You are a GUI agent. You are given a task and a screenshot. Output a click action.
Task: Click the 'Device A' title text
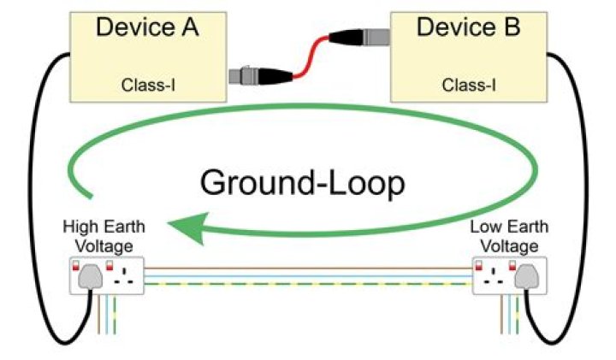pyautogui.click(x=147, y=27)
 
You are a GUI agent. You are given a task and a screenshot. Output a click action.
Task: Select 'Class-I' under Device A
pyautogui.click(x=147, y=85)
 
